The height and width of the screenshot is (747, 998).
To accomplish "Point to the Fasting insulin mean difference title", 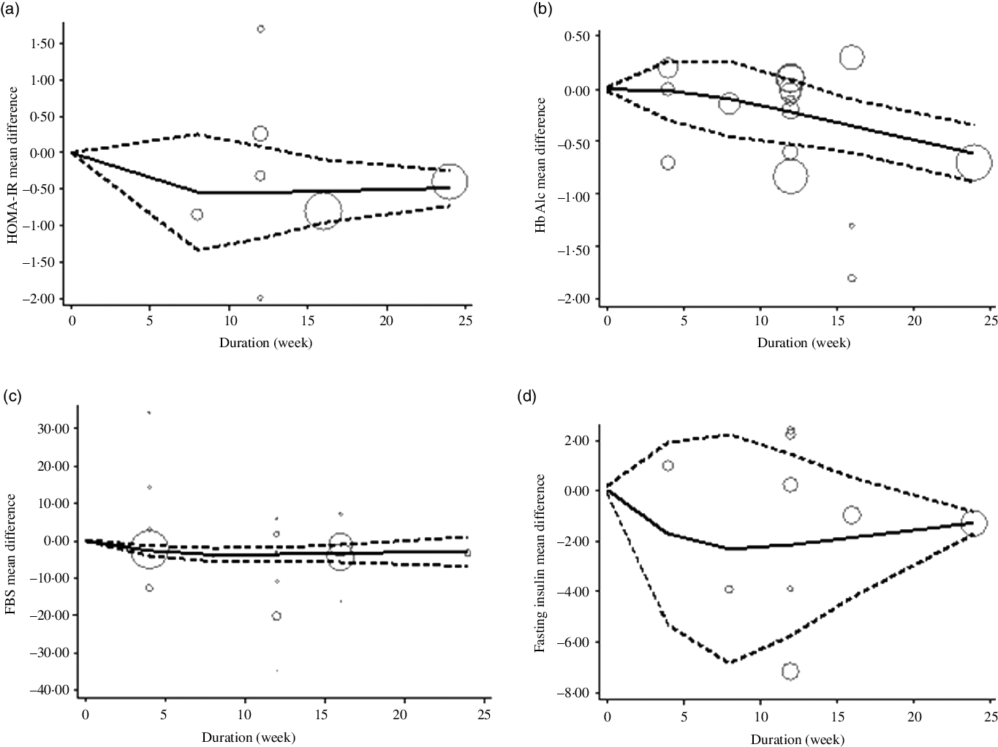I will pyautogui.click(x=540, y=564).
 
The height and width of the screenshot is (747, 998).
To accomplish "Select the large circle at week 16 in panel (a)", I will pyautogui.click(x=323, y=211).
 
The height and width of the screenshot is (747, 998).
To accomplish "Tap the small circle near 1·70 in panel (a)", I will pyautogui.click(x=260, y=29).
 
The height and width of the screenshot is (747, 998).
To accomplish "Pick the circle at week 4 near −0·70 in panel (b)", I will pyautogui.click(x=668, y=162).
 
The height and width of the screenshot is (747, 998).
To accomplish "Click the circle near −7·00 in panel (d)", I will pyautogui.click(x=790, y=671).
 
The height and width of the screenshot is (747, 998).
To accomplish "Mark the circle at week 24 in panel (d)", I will pyautogui.click(x=973, y=523).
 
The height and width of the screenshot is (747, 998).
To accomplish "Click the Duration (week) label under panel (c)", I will pyautogui.click(x=250, y=738).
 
